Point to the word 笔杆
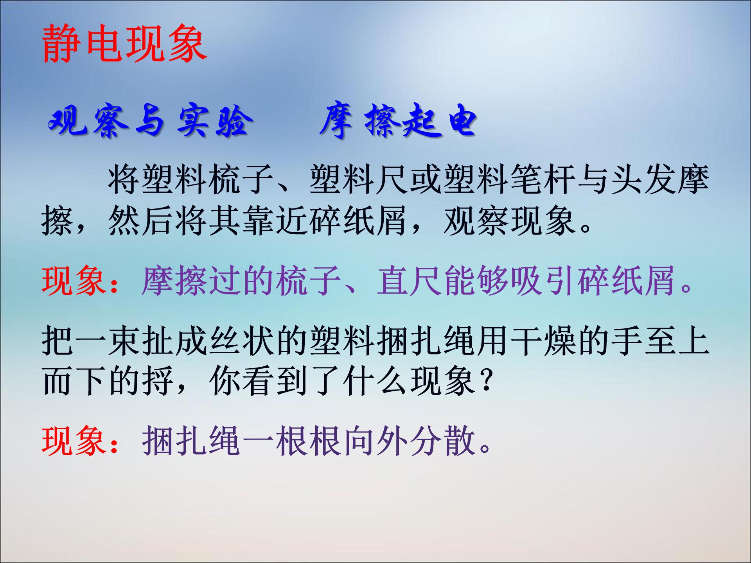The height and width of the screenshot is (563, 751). (x=543, y=180)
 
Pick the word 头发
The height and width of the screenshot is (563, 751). (x=644, y=180)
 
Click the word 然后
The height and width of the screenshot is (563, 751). (x=141, y=221)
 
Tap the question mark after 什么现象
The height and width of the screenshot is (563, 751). (x=486, y=381)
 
